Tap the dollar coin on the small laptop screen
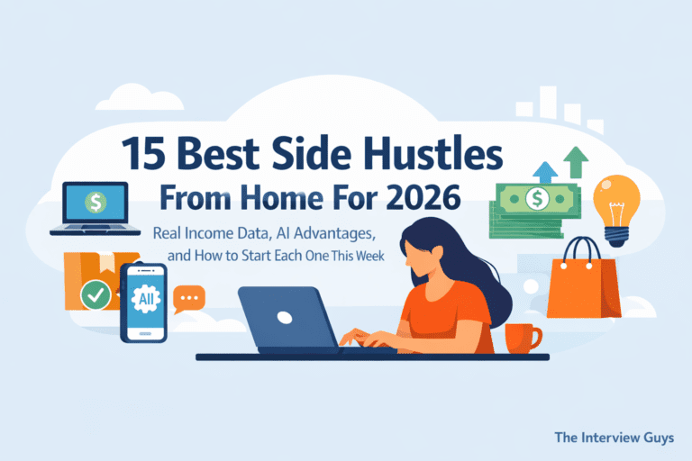[x=93, y=201]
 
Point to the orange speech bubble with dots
[x=189, y=297]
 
